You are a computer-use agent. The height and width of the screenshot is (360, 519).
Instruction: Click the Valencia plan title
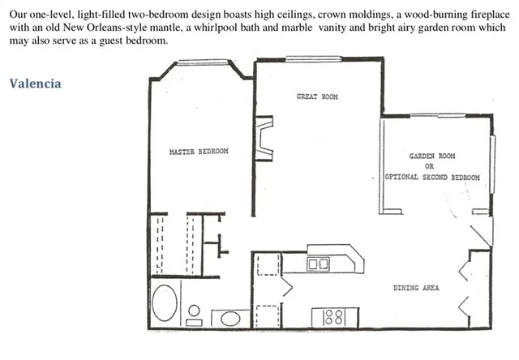click(x=36, y=84)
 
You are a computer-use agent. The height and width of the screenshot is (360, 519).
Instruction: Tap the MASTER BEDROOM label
click(x=198, y=152)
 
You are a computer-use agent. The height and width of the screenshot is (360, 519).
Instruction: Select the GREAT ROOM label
click(x=316, y=97)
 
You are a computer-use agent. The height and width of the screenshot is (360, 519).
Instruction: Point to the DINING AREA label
click(x=416, y=288)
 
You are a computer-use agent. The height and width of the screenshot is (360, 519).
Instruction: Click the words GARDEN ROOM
click(x=431, y=156)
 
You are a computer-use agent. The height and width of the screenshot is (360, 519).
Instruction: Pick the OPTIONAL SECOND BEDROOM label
click(x=432, y=178)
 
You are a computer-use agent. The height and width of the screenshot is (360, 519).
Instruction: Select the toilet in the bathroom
click(x=194, y=312)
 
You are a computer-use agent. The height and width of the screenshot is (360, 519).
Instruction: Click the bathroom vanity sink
click(x=223, y=317)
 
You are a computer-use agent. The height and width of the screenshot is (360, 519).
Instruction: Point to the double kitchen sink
click(x=317, y=264)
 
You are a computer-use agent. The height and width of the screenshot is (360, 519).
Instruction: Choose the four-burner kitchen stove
click(x=333, y=316)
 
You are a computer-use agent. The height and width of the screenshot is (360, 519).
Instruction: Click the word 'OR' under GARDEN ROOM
click(x=430, y=166)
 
